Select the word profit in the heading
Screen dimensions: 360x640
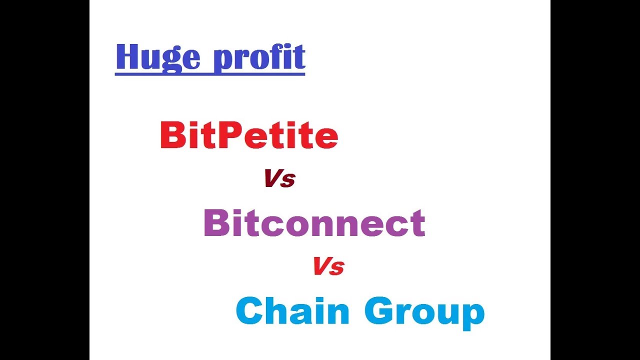(259, 57)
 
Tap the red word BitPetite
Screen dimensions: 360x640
(249, 136)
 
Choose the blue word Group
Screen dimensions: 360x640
(424, 312)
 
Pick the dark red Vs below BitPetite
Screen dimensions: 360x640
(280, 178)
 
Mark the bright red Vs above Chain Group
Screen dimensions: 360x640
(328, 266)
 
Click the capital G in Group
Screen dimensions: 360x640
(381, 311)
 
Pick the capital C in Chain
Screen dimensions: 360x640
(250, 311)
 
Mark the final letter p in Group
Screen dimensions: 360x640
(473, 316)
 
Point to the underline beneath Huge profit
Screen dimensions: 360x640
(210, 74)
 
